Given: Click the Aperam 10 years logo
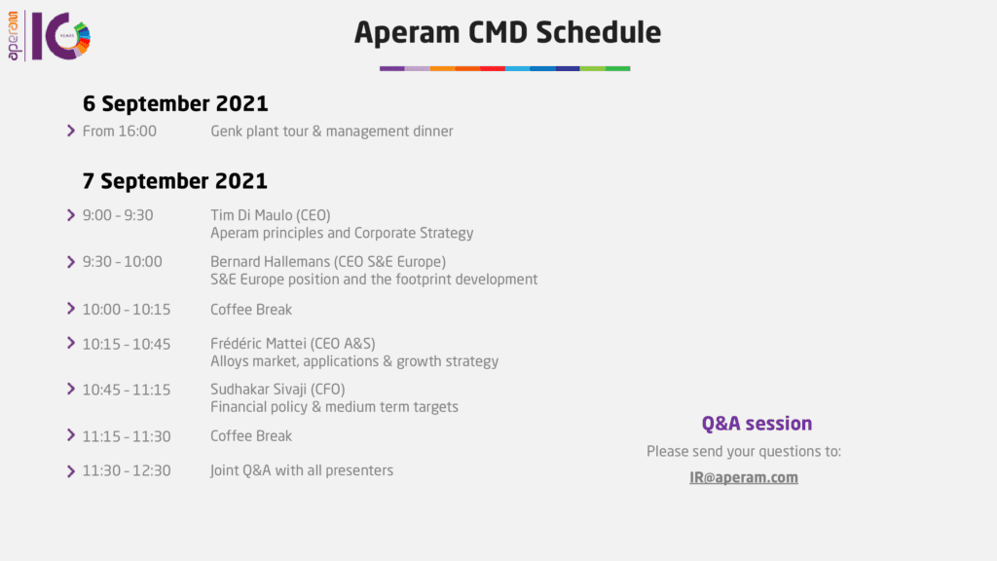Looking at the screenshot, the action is click(x=49, y=36).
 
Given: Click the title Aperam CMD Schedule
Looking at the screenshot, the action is click(x=507, y=32).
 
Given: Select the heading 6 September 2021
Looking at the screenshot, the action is click(x=175, y=103).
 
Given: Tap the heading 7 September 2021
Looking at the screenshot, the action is click(x=175, y=181).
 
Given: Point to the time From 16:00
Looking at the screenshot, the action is click(x=120, y=131).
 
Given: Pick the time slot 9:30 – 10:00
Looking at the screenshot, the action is click(x=122, y=261).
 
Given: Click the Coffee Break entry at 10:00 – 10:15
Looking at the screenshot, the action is click(x=251, y=309).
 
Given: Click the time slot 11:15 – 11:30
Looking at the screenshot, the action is click(x=127, y=436).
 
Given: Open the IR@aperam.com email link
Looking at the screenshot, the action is click(x=744, y=477).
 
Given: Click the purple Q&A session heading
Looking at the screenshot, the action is click(x=757, y=424).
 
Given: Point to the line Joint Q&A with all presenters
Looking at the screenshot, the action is click(x=302, y=470).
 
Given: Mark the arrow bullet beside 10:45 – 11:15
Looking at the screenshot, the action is click(x=71, y=389).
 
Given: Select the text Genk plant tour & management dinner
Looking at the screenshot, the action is click(x=332, y=131).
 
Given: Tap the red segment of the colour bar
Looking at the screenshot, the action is click(x=492, y=68).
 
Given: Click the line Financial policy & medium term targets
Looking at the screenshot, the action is click(x=335, y=407).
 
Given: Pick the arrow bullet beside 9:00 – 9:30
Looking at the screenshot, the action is click(x=71, y=215).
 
